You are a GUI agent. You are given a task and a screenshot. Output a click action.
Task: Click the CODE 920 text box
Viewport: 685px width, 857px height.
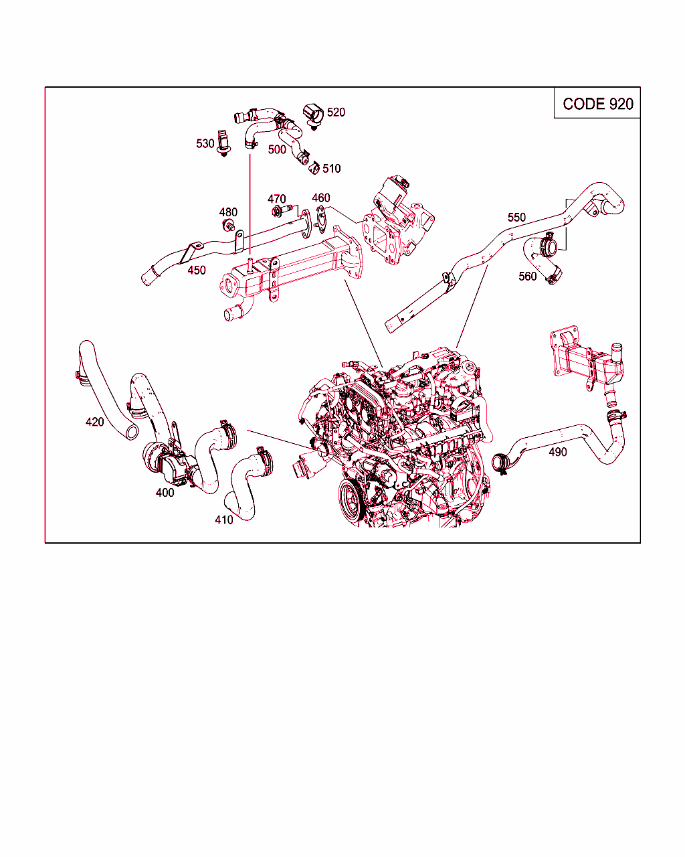(597, 103)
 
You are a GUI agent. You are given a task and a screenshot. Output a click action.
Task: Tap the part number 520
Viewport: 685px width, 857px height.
(336, 112)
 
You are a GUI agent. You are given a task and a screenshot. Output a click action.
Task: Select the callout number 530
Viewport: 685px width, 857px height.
(205, 143)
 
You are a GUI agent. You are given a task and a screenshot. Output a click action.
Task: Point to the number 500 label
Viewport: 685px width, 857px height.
(277, 149)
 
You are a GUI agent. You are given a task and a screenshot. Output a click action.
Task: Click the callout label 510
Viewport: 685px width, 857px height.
(332, 169)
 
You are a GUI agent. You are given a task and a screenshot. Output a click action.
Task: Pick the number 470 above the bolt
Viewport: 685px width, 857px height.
(277, 199)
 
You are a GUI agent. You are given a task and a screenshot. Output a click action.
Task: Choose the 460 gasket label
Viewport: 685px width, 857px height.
(321, 198)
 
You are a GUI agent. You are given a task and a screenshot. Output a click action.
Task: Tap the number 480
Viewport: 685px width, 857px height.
(228, 212)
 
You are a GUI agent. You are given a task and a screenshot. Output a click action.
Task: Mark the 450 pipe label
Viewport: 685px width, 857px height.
(197, 270)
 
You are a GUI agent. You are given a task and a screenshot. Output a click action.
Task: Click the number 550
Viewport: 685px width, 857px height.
(516, 217)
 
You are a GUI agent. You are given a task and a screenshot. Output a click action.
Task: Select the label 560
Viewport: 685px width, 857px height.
(528, 276)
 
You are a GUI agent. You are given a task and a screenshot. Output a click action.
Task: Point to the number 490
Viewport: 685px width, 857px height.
(558, 451)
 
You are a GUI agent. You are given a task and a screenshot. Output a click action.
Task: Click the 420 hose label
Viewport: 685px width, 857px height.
(95, 422)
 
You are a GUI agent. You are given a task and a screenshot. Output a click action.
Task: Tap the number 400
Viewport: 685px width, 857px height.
(165, 493)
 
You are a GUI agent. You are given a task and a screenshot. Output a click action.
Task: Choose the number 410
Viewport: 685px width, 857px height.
(224, 520)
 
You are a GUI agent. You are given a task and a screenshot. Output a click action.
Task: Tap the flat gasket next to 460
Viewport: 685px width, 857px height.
(320, 218)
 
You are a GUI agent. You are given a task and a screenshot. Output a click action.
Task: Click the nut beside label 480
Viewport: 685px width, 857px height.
(227, 226)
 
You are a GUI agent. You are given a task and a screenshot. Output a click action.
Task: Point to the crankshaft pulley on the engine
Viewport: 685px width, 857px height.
(351, 499)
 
